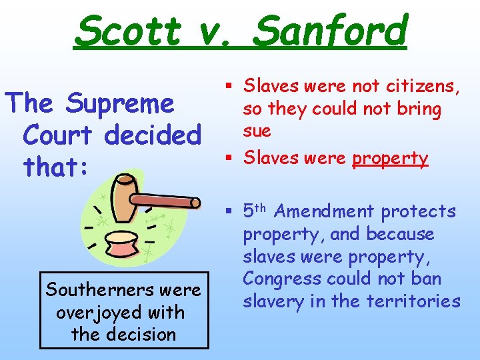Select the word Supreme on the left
(120, 104)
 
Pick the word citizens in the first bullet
(421, 86)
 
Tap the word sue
(257, 130)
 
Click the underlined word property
(390, 158)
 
